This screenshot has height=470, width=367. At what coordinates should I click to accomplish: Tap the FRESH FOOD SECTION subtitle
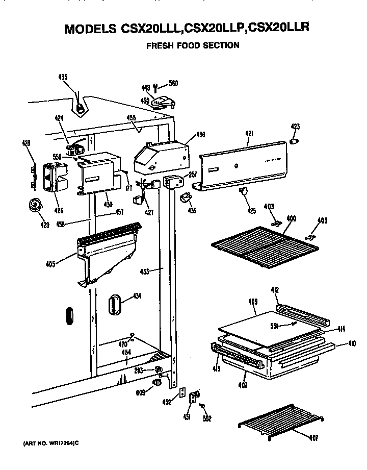coord(193,45)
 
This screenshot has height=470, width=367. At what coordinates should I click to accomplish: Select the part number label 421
coord(249,134)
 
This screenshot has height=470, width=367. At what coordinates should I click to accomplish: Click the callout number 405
coord(49,264)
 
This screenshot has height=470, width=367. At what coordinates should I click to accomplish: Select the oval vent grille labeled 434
coord(114,307)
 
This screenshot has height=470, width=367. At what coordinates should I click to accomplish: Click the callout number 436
coord(200,135)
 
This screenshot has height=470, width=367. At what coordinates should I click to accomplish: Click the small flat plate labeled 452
coord(180,394)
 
